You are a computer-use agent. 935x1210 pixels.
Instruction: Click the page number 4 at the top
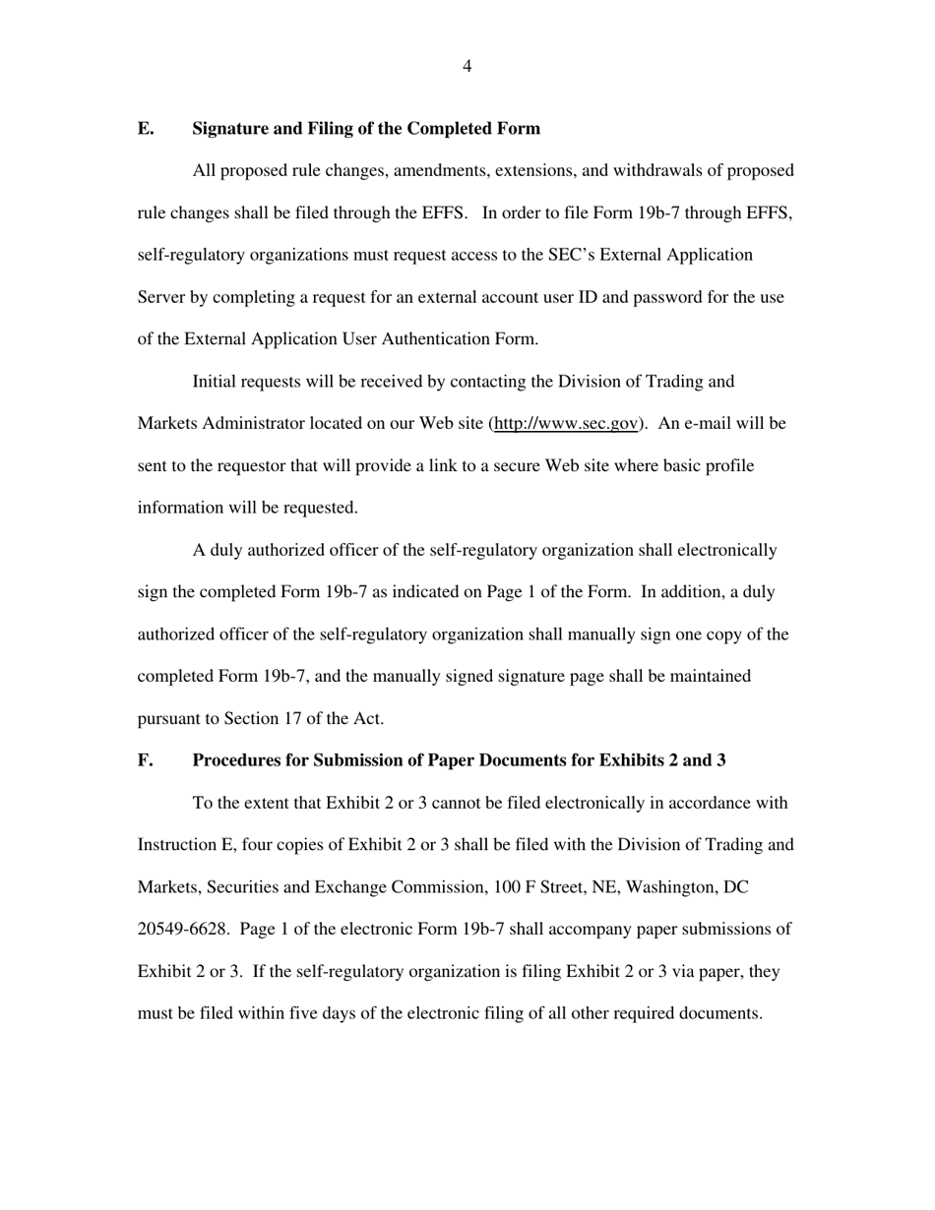click(x=467, y=67)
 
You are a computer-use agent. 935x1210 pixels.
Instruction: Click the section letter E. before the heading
click(x=145, y=129)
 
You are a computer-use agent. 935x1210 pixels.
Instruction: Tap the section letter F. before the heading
click(x=145, y=760)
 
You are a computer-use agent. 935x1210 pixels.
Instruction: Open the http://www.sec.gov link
click(x=566, y=424)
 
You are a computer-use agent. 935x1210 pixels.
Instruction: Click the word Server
click(x=162, y=297)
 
